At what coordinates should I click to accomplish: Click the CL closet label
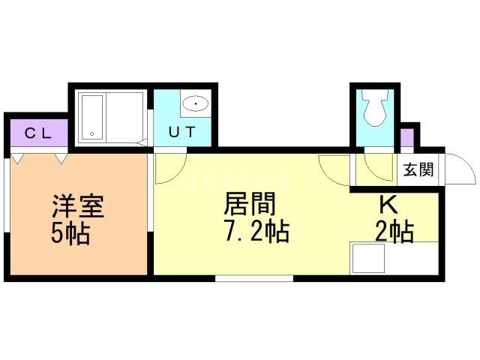pyautogui.click(x=38, y=133)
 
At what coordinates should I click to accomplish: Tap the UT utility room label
pyautogui.click(x=181, y=132)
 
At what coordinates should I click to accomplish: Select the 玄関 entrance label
pyautogui.click(x=418, y=169)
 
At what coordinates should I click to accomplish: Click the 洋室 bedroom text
pyautogui.click(x=78, y=205)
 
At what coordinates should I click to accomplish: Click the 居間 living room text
pyautogui.click(x=250, y=203)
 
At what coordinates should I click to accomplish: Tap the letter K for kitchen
pyautogui.click(x=388, y=205)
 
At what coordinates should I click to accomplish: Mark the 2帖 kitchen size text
pyautogui.click(x=394, y=232)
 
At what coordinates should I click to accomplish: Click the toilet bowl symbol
pyautogui.click(x=375, y=108)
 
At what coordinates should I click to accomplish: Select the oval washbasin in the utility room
pyautogui.click(x=196, y=103)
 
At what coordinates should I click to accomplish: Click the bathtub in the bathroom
pyautogui.click(x=92, y=118)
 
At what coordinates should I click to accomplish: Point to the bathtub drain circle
pyautogui.click(x=91, y=133)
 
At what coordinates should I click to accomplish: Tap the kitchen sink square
pyautogui.click(x=368, y=258)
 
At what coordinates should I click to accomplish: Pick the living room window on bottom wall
pyautogui.click(x=254, y=278)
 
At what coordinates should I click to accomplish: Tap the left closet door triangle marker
pyautogui.click(x=16, y=158)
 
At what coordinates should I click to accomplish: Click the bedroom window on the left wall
pyautogui.click(x=6, y=195)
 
